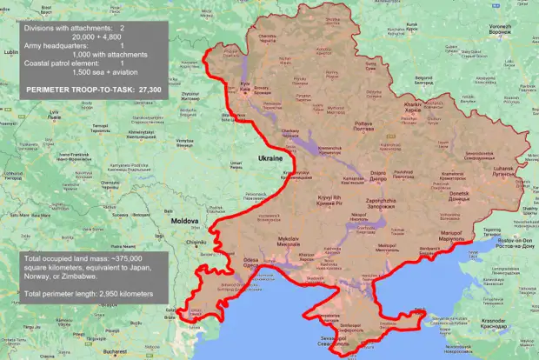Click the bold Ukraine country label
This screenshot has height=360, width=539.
tap(270, 159)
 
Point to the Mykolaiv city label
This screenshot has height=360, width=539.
tap(288, 239)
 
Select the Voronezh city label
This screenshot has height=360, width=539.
tap(500, 27)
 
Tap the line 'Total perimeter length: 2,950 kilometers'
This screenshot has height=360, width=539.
tap(96, 295)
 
